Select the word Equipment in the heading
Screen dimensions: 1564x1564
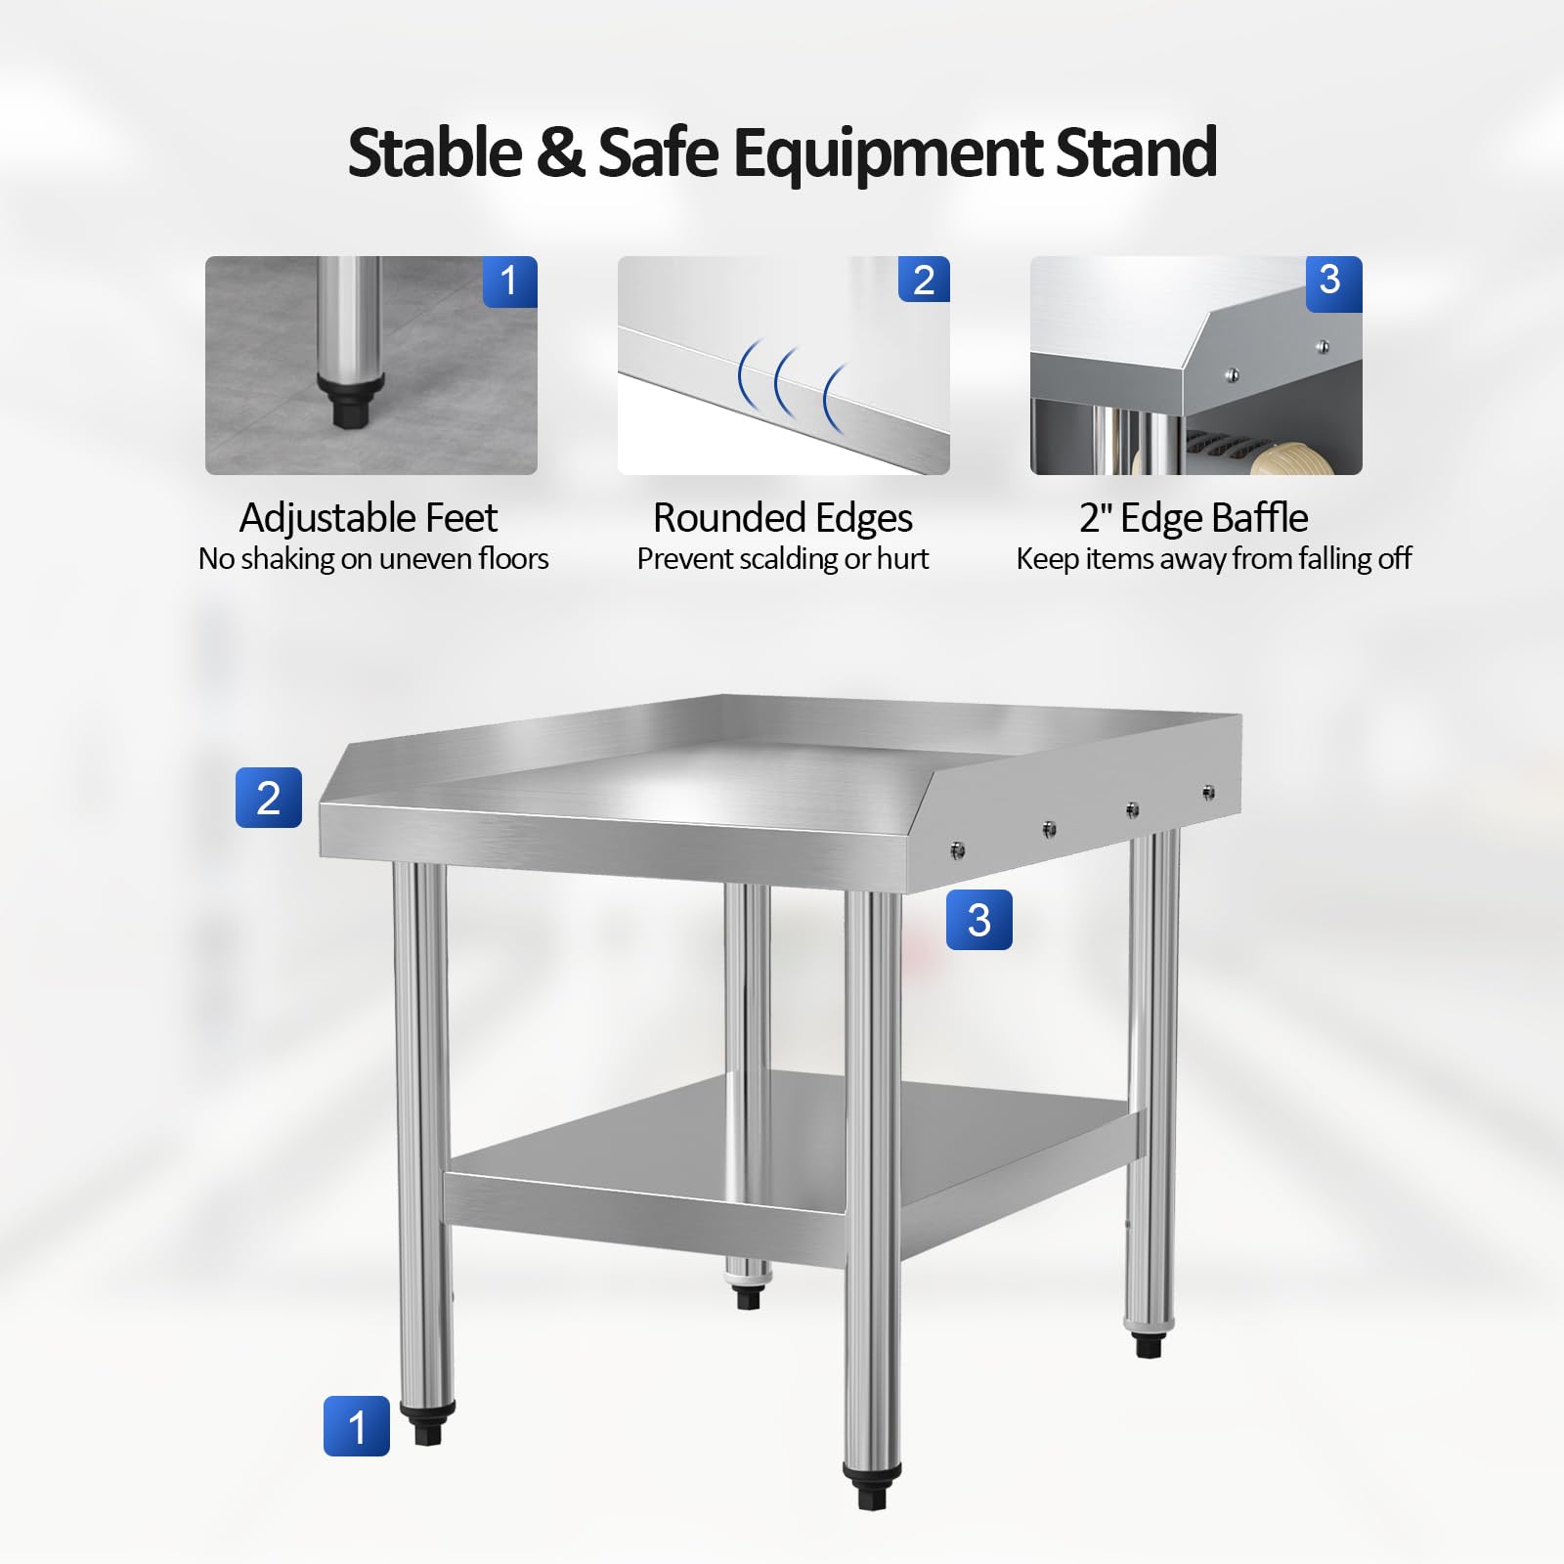tap(887, 154)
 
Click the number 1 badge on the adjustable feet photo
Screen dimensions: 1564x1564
tap(509, 282)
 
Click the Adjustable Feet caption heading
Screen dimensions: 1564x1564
tap(369, 518)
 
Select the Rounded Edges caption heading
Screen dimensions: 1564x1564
tap(783, 518)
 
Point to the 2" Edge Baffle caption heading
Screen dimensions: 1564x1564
tap(1194, 518)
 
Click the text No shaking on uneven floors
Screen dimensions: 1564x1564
tap(373, 559)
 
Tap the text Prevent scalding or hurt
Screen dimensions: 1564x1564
tap(783, 559)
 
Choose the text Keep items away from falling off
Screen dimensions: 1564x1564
tap(1214, 559)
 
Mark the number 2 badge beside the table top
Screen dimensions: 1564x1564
tap(269, 798)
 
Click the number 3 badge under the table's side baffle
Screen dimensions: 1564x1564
tap(979, 920)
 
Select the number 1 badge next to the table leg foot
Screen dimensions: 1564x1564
tap(357, 1426)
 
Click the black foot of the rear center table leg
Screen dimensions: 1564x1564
tap(748, 1296)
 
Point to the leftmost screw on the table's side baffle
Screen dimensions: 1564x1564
tap(957, 849)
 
